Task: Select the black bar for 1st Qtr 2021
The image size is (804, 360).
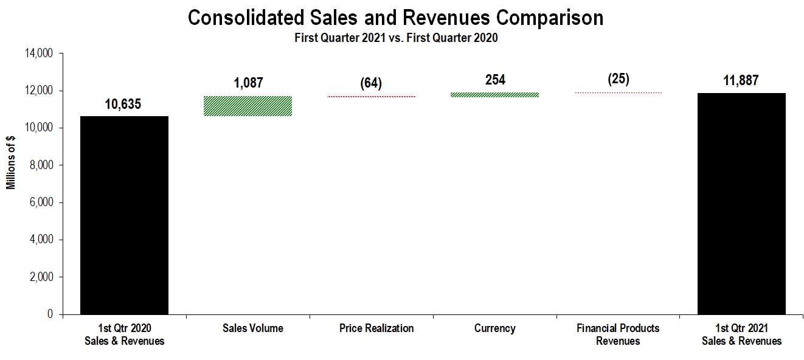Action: (x=741, y=203)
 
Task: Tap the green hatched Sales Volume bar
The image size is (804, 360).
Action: (x=248, y=106)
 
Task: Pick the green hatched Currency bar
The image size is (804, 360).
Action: (x=495, y=95)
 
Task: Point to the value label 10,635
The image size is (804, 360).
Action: (x=123, y=104)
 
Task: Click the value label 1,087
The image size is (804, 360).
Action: (x=248, y=83)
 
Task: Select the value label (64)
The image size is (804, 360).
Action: (x=371, y=83)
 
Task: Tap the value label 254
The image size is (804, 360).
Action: (x=495, y=80)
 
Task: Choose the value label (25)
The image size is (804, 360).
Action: (x=619, y=79)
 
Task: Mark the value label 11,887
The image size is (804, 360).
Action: (x=741, y=80)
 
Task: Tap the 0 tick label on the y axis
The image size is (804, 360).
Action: (x=51, y=314)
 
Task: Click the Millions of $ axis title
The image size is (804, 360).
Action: (x=11, y=163)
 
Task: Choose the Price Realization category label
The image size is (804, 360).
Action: (x=376, y=328)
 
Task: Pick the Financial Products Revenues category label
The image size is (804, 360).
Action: (x=619, y=334)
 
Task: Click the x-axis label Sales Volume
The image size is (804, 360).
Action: (x=253, y=328)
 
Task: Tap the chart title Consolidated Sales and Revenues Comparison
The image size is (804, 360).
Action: (x=395, y=18)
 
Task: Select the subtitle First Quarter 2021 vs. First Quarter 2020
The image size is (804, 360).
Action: (x=396, y=38)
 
